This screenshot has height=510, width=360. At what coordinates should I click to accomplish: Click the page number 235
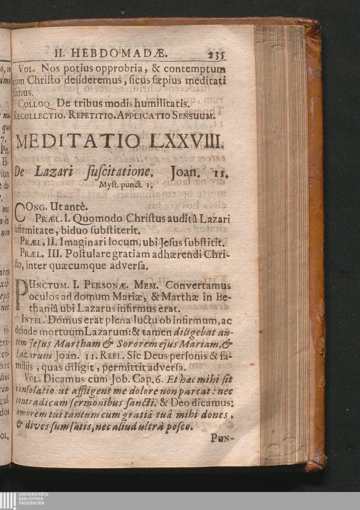pyautogui.click(x=216, y=55)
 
